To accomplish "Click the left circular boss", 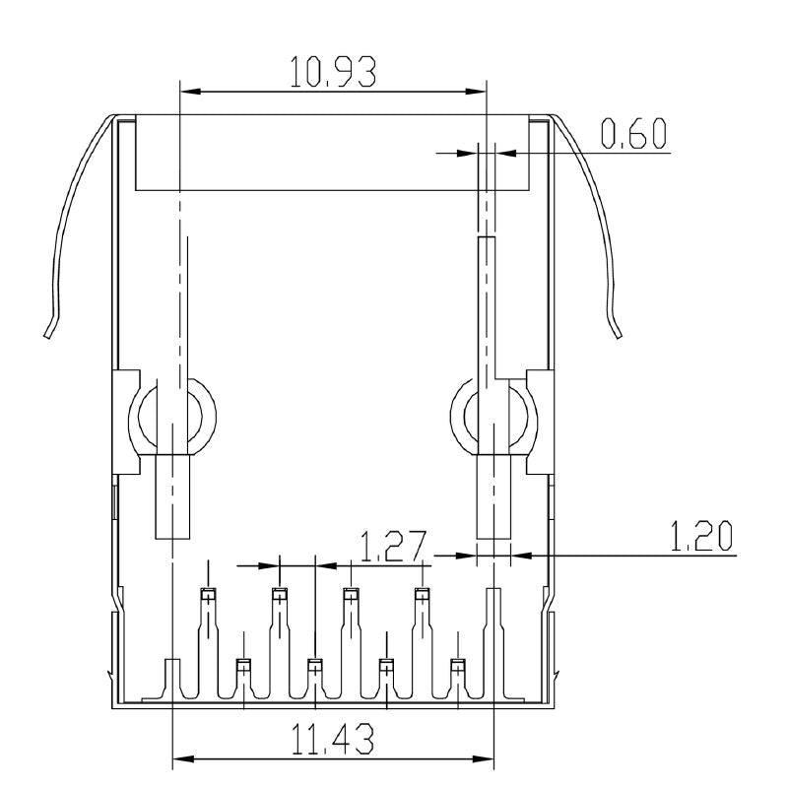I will [x=175, y=417].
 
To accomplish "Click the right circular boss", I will [x=492, y=417].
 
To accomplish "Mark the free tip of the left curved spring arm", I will [x=46, y=335].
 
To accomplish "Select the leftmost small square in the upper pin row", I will [x=208, y=593].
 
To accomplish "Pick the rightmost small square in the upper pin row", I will [x=422, y=593].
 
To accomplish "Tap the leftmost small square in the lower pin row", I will [x=242, y=665].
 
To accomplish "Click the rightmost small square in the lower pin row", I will [x=457, y=665].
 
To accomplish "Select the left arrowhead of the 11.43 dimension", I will [x=179, y=759].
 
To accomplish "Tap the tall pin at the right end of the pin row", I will [x=492, y=640].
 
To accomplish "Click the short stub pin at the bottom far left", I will [x=172, y=680].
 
